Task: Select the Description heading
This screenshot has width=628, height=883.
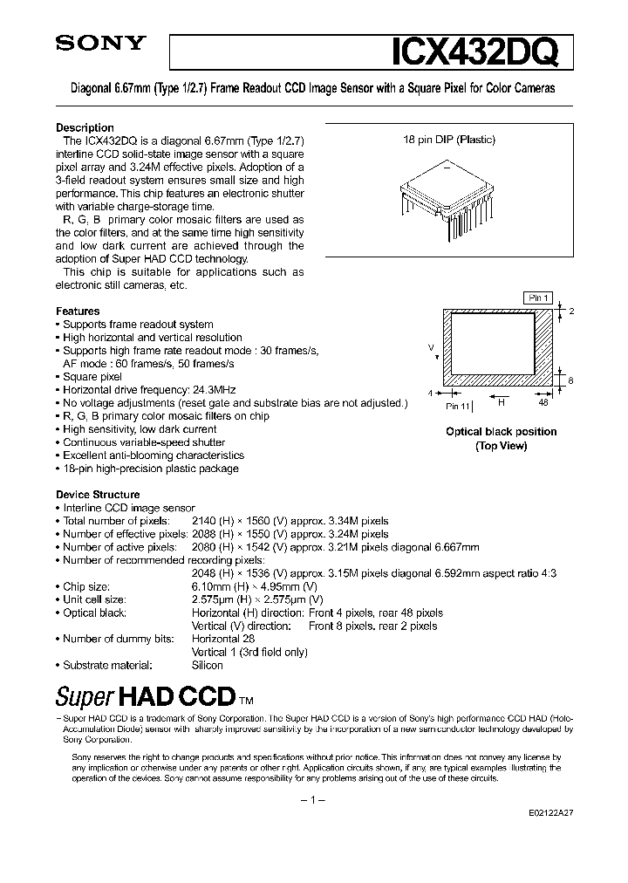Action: [x=85, y=128]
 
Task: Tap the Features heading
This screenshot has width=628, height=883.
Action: [x=78, y=311]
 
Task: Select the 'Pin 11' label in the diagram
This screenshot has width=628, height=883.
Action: [x=458, y=407]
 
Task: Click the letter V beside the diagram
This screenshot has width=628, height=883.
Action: [x=431, y=347]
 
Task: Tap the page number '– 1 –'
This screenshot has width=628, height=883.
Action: [x=313, y=800]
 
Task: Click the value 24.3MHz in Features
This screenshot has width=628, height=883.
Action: [x=213, y=389]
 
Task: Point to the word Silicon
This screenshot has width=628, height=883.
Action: [x=208, y=665]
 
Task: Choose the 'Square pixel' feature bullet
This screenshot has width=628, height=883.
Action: [x=92, y=376]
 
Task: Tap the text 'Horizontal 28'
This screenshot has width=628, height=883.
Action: [x=222, y=639]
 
